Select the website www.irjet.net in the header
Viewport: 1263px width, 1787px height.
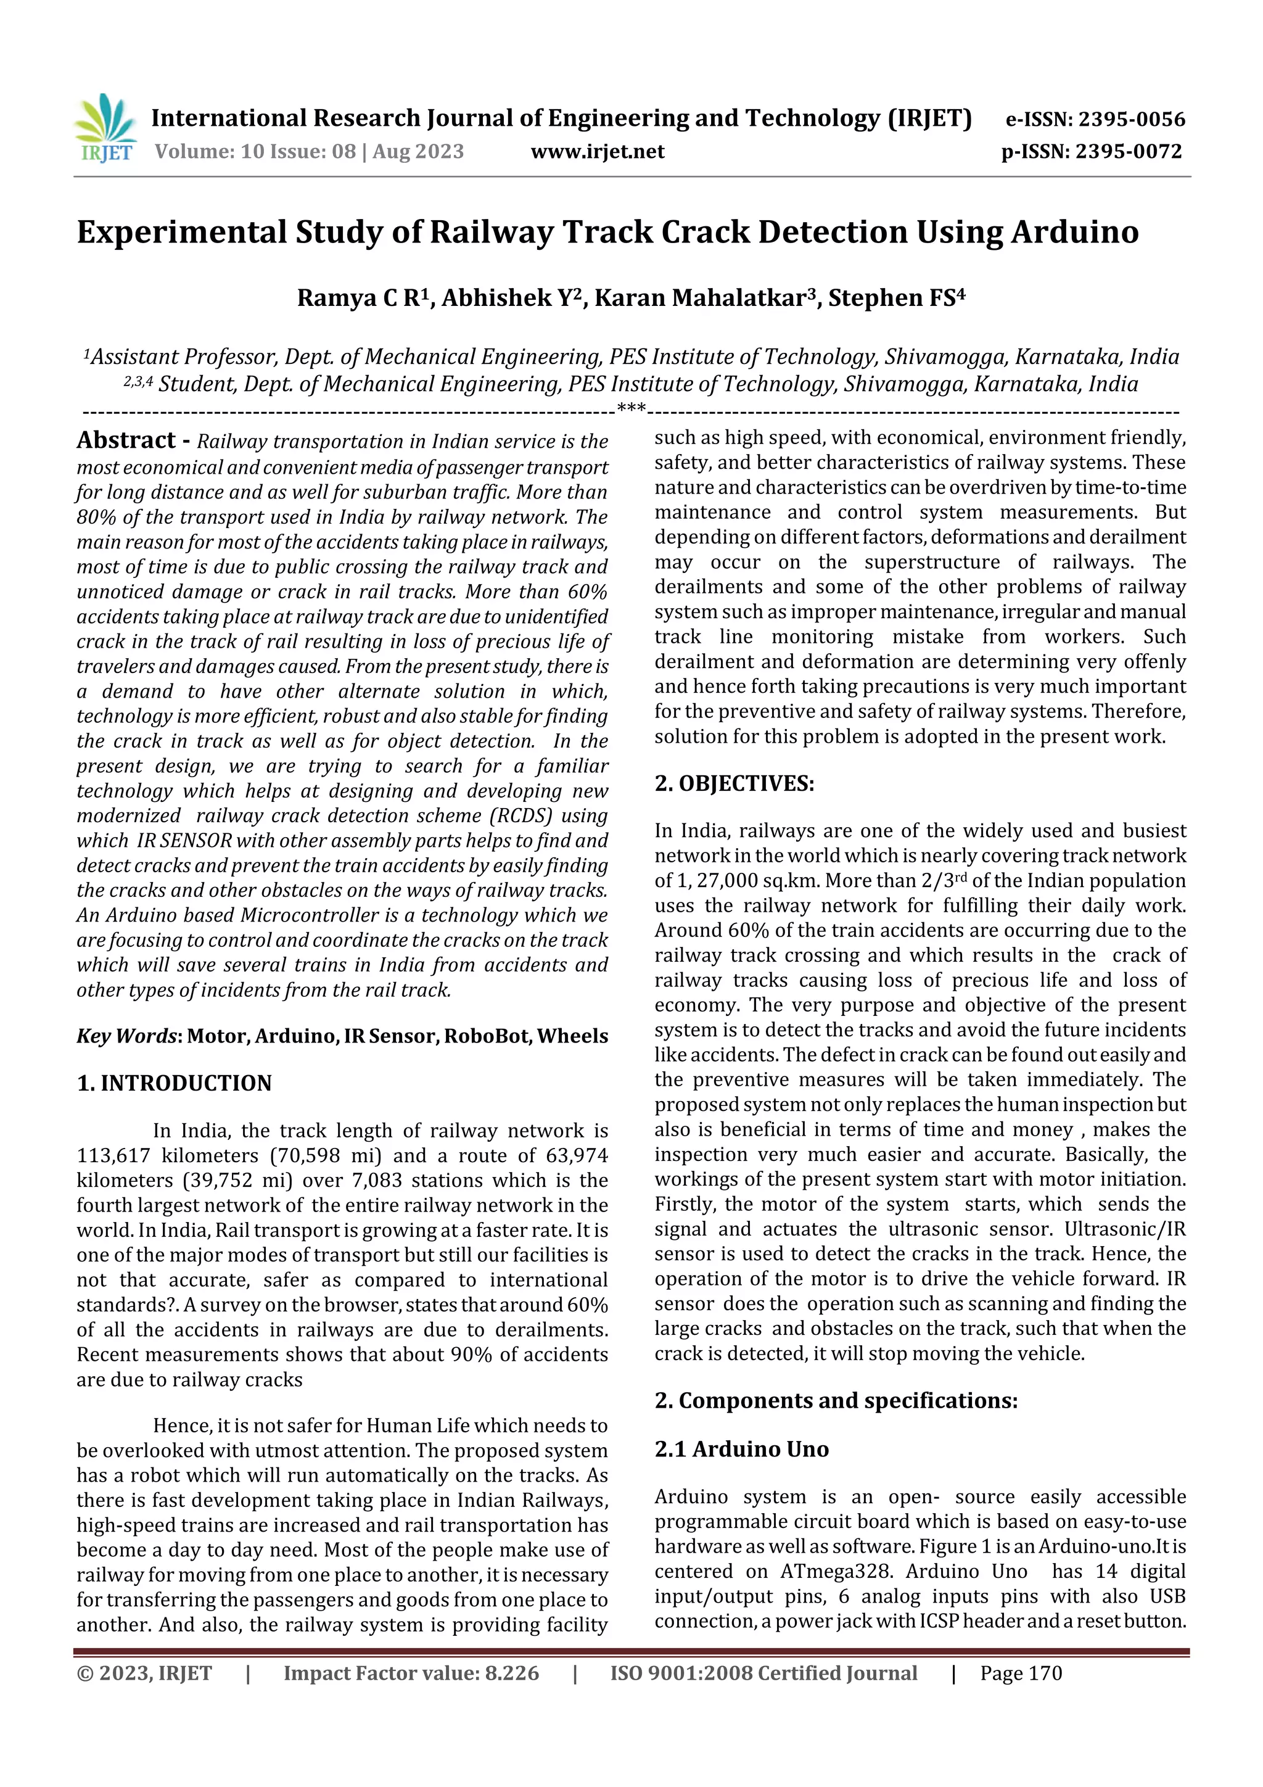tap(598, 152)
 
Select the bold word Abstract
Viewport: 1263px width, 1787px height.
tap(126, 440)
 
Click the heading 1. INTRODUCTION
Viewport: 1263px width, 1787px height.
tap(175, 1083)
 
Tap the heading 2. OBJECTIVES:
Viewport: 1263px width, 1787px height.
tap(734, 784)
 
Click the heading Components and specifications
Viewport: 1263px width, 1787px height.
tap(847, 1401)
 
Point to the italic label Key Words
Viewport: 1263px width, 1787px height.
tap(127, 1036)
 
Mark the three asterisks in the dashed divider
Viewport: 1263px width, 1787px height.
tap(630, 408)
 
